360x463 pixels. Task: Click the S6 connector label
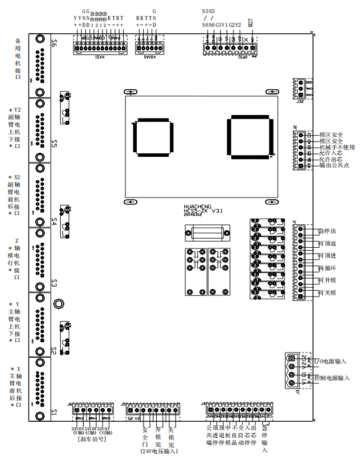point(54,44)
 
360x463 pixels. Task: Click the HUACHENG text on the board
point(197,205)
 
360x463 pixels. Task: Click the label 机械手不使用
point(337,147)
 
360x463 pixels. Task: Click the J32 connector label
point(299,102)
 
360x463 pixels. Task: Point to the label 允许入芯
point(330,153)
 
